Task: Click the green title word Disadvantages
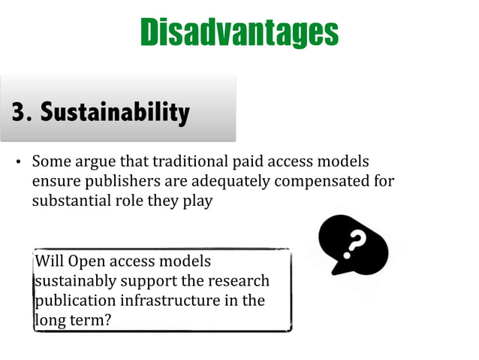click(239, 32)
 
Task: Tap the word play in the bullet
click(197, 202)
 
